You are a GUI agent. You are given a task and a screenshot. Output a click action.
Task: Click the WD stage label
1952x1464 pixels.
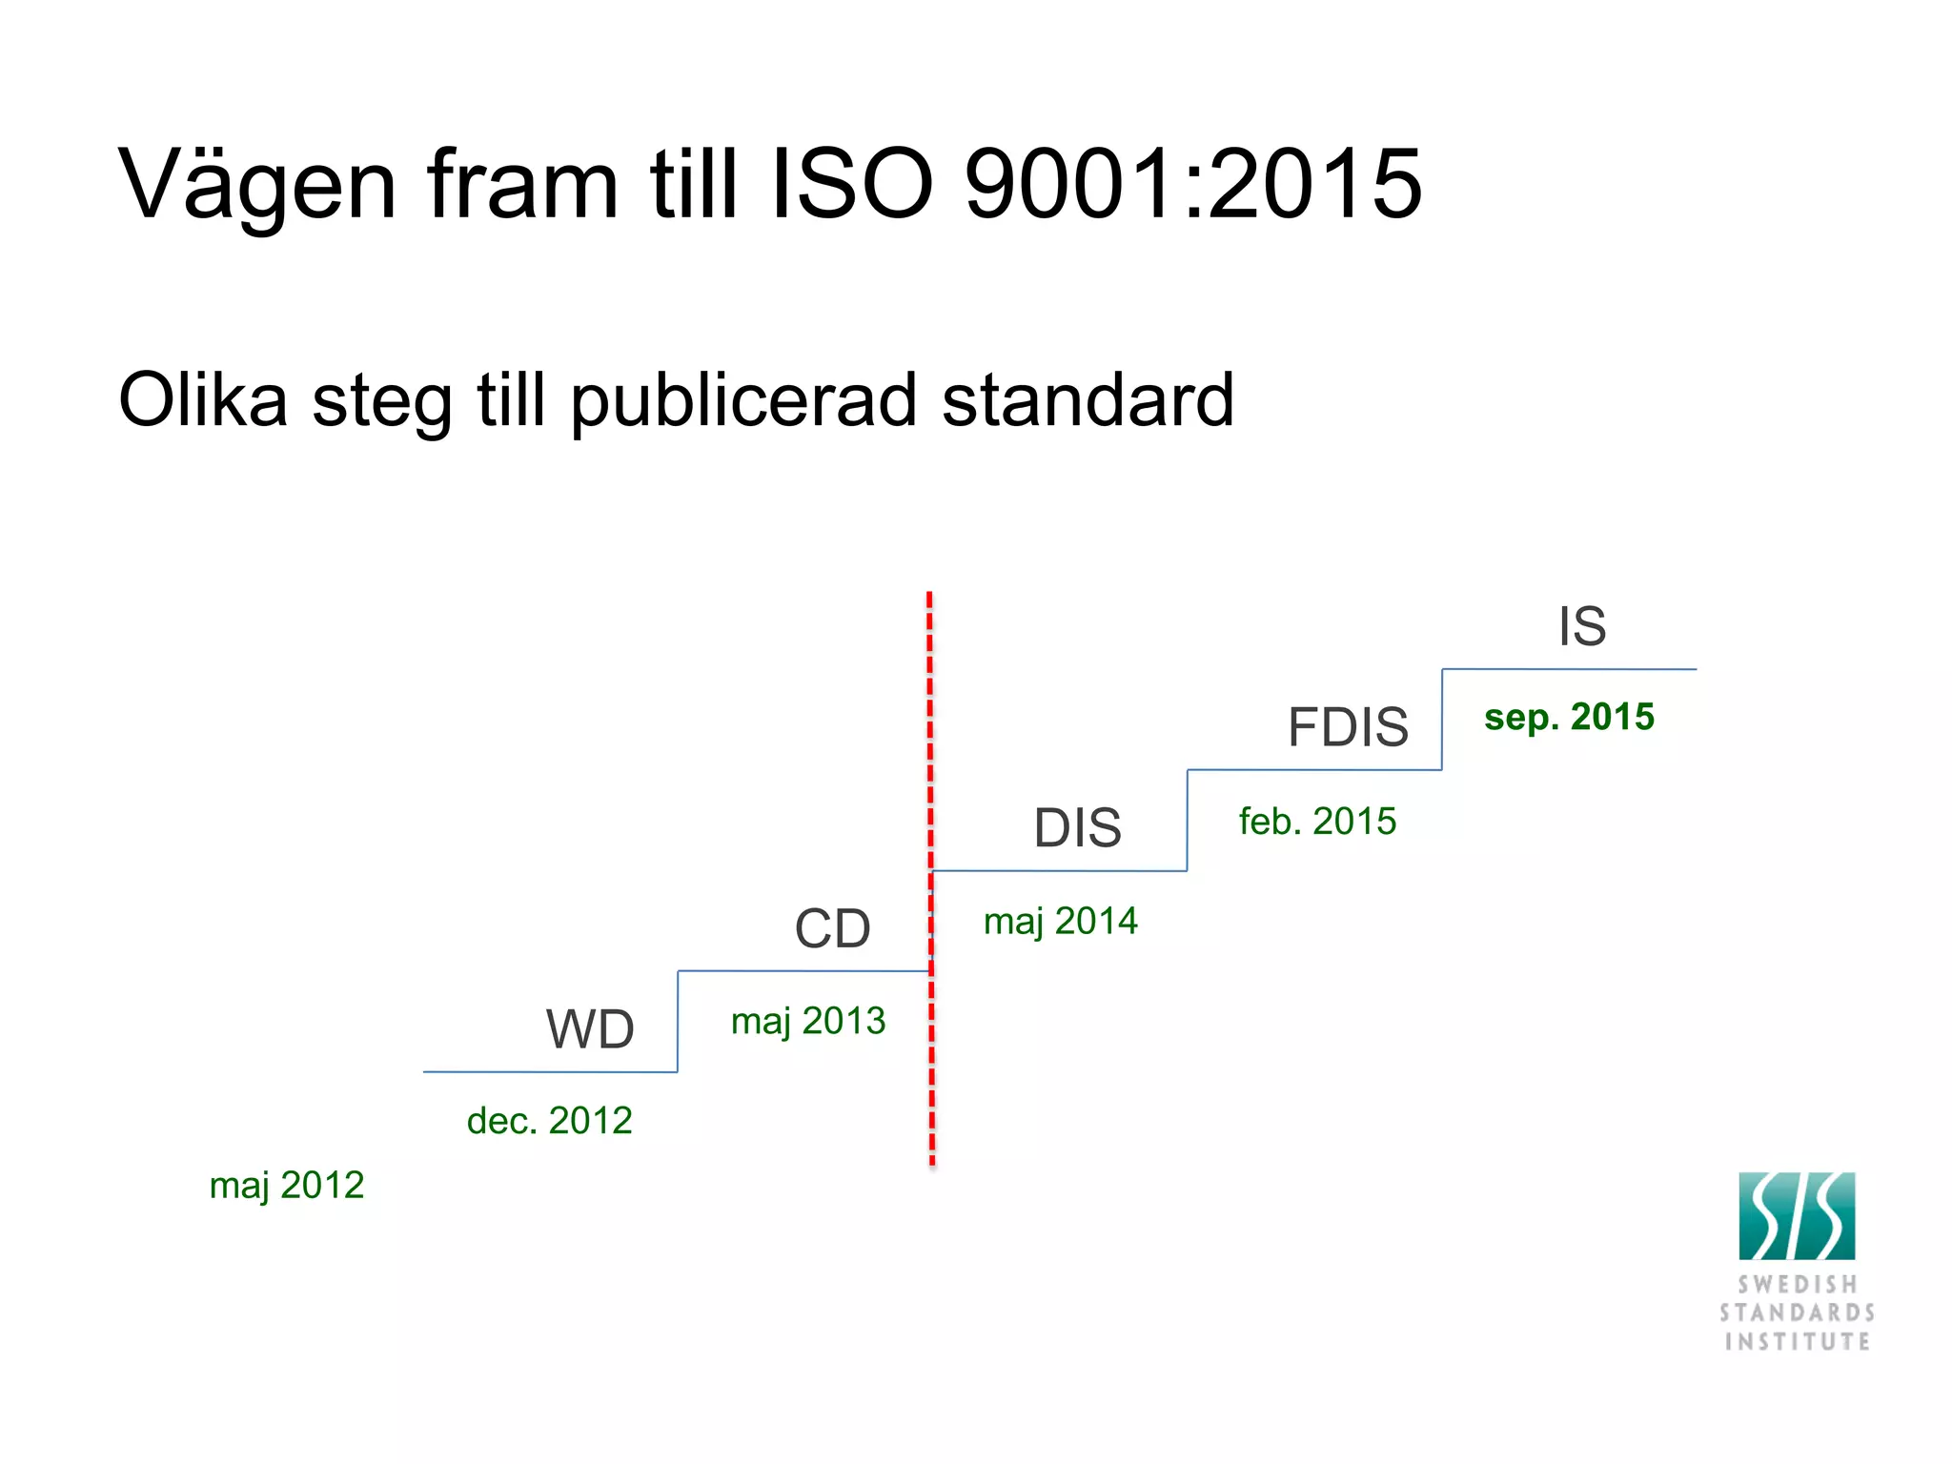[590, 1029]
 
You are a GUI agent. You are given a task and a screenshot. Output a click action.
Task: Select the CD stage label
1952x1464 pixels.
[832, 928]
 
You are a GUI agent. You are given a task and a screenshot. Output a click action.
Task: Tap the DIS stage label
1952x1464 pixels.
[1077, 827]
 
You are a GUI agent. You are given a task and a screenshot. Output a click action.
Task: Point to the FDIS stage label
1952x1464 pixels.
[1348, 727]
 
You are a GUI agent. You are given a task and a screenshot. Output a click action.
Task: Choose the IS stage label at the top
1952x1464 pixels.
[1582, 626]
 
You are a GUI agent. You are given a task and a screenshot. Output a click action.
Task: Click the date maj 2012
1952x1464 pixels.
[287, 1186]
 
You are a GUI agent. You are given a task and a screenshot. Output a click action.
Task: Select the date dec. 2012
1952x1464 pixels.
[549, 1121]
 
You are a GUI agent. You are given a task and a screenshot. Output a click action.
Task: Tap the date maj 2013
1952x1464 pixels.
[808, 1022]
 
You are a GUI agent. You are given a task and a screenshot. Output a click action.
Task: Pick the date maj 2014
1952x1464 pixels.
[1060, 922]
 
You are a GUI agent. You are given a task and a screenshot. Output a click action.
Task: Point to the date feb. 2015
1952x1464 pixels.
[1317, 822]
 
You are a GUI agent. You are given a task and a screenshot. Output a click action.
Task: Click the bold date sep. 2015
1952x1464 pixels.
[1569, 717]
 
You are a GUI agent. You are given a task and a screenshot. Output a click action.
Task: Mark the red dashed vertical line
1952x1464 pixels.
[930, 762]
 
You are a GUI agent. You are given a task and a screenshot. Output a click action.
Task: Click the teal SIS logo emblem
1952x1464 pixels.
[1797, 1216]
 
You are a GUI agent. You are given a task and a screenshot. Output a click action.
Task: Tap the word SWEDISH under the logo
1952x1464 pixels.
[1797, 1285]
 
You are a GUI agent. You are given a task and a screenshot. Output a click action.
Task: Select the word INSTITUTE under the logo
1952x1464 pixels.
[1797, 1342]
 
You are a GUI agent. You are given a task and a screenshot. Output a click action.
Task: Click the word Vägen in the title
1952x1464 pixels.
[257, 185]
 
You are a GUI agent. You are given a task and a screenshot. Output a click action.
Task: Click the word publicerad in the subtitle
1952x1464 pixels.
[743, 400]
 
